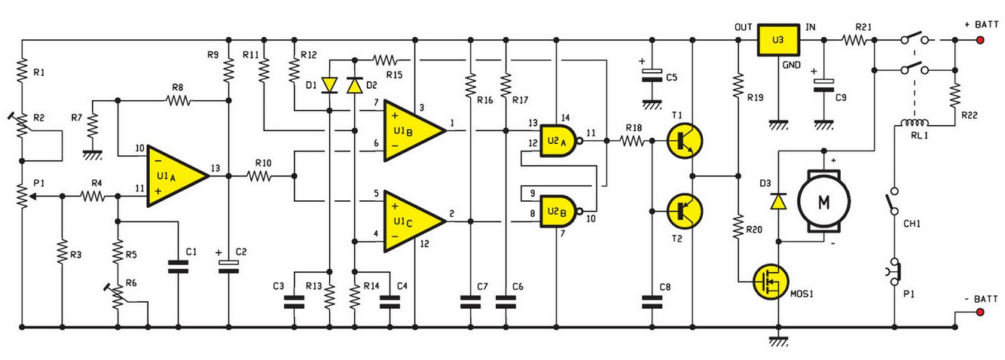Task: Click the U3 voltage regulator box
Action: click(x=778, y=40)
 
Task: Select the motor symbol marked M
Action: click(x=823, y=201)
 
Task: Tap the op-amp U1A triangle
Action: click(x=178, y=175)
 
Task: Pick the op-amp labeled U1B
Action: click(x=414, y=130)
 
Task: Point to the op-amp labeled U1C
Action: click(x=414, y=221)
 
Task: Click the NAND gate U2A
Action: click(x=561, y=140)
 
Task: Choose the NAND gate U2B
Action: click(x=561, y=212)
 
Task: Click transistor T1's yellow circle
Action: click(x=685, y=141)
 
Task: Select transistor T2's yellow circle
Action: click(x=685, y=211)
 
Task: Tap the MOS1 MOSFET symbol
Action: click(x=771, y=282)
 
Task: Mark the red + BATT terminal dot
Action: click(x=980, y=40)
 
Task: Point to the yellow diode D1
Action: click(x=330, y=85)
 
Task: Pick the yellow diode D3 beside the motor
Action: click(x=778, y=201)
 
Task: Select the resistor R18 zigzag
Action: click(x=633, y=141)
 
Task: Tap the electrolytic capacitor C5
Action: click(x=652, y=75)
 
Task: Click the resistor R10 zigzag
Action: click(x=260, y=176)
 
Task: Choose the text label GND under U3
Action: click(x=792, y=65)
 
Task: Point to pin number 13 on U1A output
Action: click(x=215, y=168)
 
